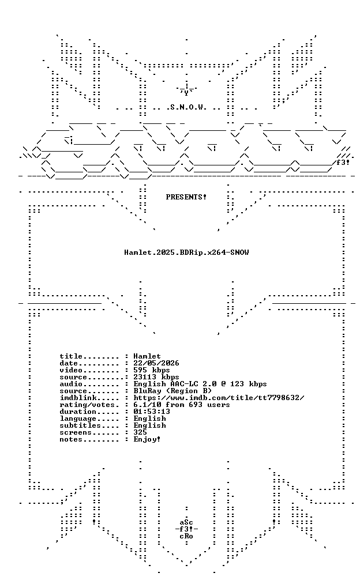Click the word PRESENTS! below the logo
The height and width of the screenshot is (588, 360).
coord(186,197)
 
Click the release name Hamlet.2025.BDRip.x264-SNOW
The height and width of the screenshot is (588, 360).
coord(186,252)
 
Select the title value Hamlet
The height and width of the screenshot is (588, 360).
coord(147,356)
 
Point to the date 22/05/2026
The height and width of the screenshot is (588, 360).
coord(156,363)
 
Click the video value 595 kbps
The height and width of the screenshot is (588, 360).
coord(152,370)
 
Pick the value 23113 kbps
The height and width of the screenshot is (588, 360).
coord(156,377)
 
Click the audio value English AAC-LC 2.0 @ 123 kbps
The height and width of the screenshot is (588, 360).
coord(200,384)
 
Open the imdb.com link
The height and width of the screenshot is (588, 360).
coord(219,398)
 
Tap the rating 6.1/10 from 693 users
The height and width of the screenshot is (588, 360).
coord(182,405)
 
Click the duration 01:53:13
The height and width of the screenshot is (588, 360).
coord(152,412)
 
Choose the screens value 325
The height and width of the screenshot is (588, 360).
coord(140,432)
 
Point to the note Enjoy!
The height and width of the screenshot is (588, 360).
coord(147,439)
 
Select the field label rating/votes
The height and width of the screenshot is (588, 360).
coord(88,405)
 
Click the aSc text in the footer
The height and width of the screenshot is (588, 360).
coord(186,522)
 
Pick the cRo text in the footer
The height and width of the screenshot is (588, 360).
coord(186,536)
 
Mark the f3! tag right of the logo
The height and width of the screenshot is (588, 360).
coord(343,163)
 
